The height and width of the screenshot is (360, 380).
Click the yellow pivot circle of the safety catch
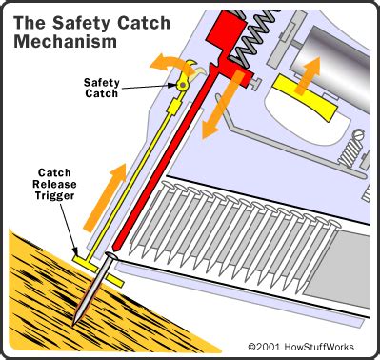point(181,86)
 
